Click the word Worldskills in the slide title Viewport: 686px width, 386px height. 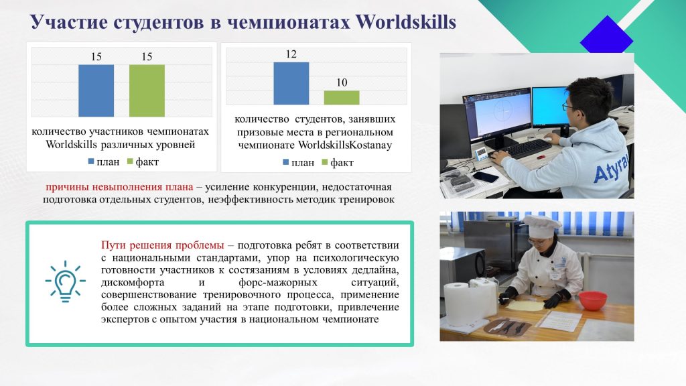point(405,22)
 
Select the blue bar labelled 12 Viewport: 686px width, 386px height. point(291,83)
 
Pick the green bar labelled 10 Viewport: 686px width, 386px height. point(342,98)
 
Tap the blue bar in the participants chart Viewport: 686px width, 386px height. point(96,90)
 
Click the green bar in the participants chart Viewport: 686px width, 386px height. point(147,90)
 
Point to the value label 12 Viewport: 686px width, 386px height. point(291,54)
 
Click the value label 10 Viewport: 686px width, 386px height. point(342,82)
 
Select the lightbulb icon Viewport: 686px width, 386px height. point(65,281)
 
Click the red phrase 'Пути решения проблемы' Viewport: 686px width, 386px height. point(162,245)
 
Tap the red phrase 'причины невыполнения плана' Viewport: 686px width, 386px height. point(119,187)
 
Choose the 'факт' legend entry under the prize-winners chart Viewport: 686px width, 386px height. point(338,163)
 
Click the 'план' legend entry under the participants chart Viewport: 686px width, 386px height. point(104,162)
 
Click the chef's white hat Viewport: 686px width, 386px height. point(541,225)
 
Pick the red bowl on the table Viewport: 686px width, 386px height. point(593,301)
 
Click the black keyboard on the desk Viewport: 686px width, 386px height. point(521,149)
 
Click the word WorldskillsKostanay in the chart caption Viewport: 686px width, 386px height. point(345,145)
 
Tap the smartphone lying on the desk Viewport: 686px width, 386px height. point(485,177)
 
